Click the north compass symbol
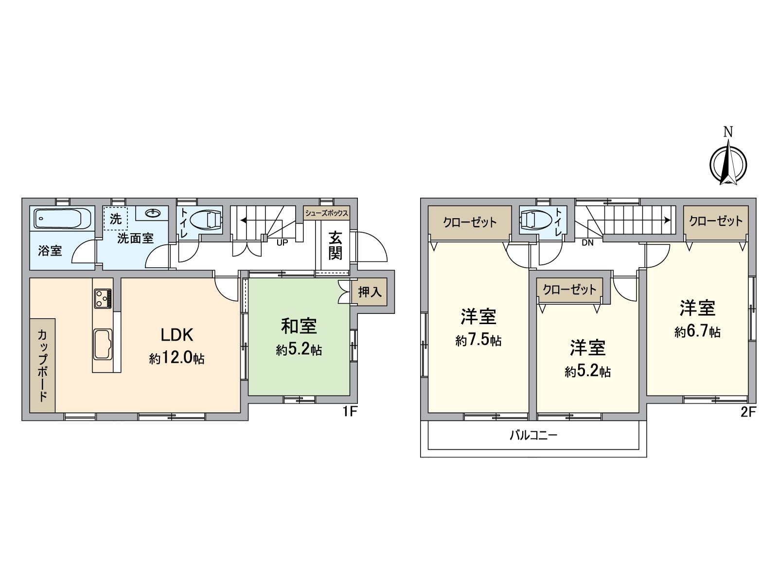pyautogui.click(x=728, y=164)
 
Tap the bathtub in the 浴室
pyautogui.click(x=62, y=219)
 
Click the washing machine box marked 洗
pyautogui.click(x=115, y=219)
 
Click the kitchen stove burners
pyautogui.click(x=103, y=298)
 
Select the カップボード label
pyautogui.click(x=42, y=365)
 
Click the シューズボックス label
pyautogui.click(x=326, y=213)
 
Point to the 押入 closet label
pyautogui.click(x=370, y=292)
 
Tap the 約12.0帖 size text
pyautogui.click(x=177, y=359)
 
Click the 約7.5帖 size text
pyautogui.click(x=478, y=340)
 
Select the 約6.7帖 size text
pyautogui.click(x=697, y=332)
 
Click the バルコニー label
pyautogui.click(x=533, y=435)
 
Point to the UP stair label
pyautogui.click(x=282, y=242)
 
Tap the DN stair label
pyautogui.click(x=587, y=242)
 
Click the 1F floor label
pyautogui.click(x=350, y=412)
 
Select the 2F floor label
pyautogui.click(x=748, y=412)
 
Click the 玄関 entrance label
pyautogui.click(x=335, y=246)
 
